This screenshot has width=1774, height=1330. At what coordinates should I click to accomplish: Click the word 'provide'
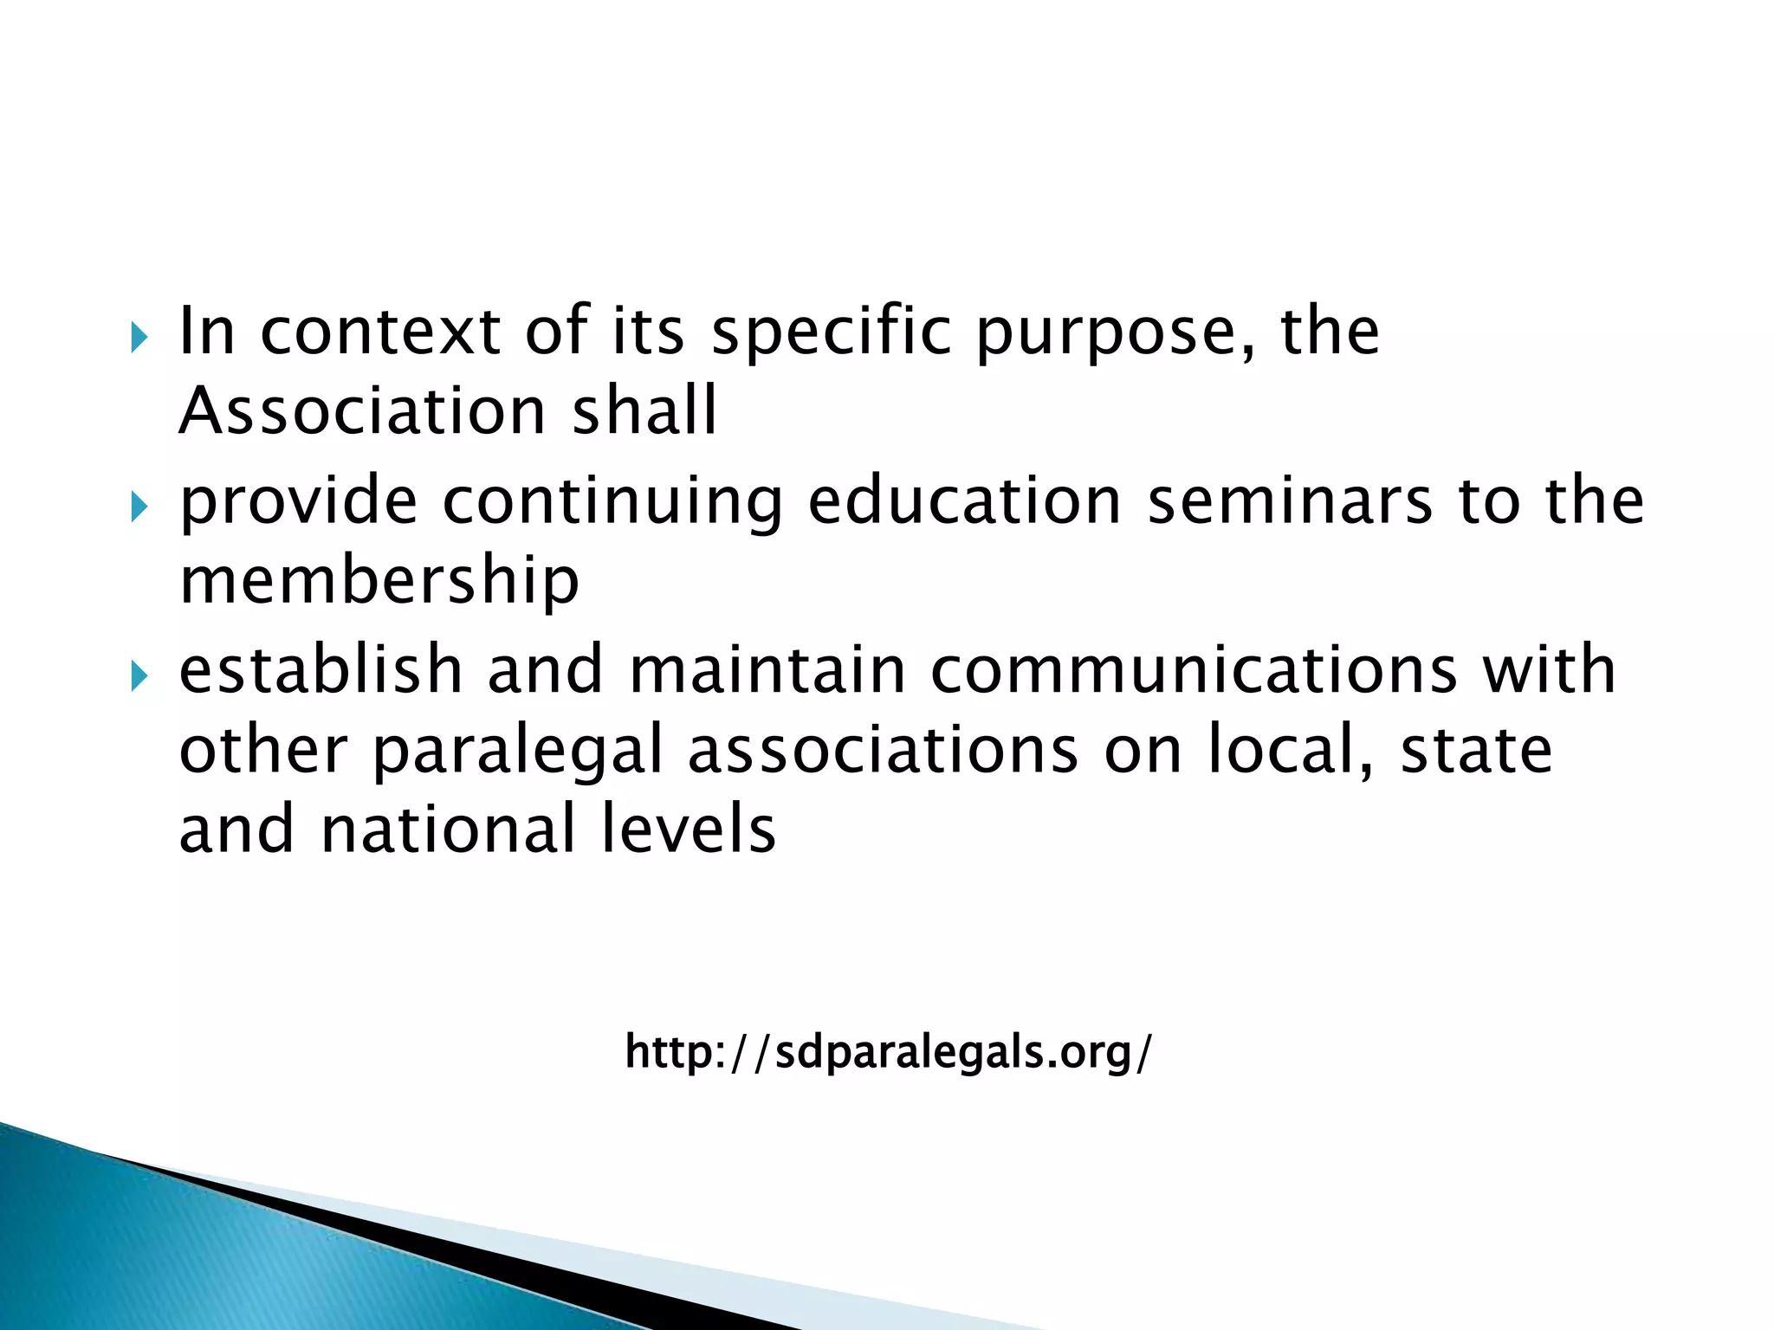pyautogui.click(x=298, y=501)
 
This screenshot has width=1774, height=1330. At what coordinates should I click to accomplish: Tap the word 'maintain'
pyautogui.click(x=767, y=670)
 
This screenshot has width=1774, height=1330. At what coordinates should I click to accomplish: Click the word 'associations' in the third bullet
pyautogui.click(x=883, y=750)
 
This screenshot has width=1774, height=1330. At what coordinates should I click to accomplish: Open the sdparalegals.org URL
pyautogui.click(x=889, y=1053)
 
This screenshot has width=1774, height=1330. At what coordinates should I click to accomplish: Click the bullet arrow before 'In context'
pyautogui.click(x=139, y=338)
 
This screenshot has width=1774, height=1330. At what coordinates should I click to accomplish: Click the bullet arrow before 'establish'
pyautogui.click(x=139, y=676)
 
